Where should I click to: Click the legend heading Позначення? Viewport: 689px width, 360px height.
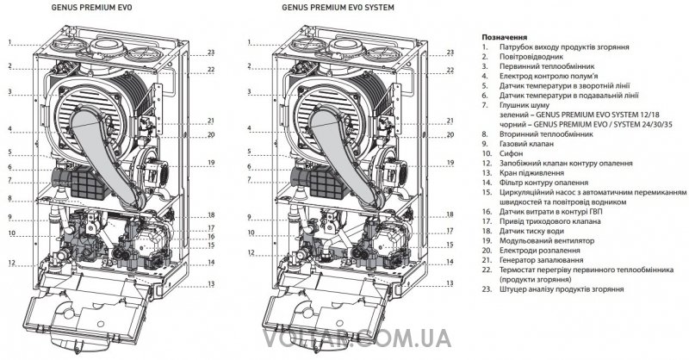click(x=499, y=38)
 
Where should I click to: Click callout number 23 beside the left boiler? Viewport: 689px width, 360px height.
click(x=210, y=53)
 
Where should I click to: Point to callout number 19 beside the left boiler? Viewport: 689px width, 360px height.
click(x=210, y=163)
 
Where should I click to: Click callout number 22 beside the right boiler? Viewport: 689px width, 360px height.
click(x=450, y=69)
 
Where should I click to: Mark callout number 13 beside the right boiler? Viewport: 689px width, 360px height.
click(x=450, y=282)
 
